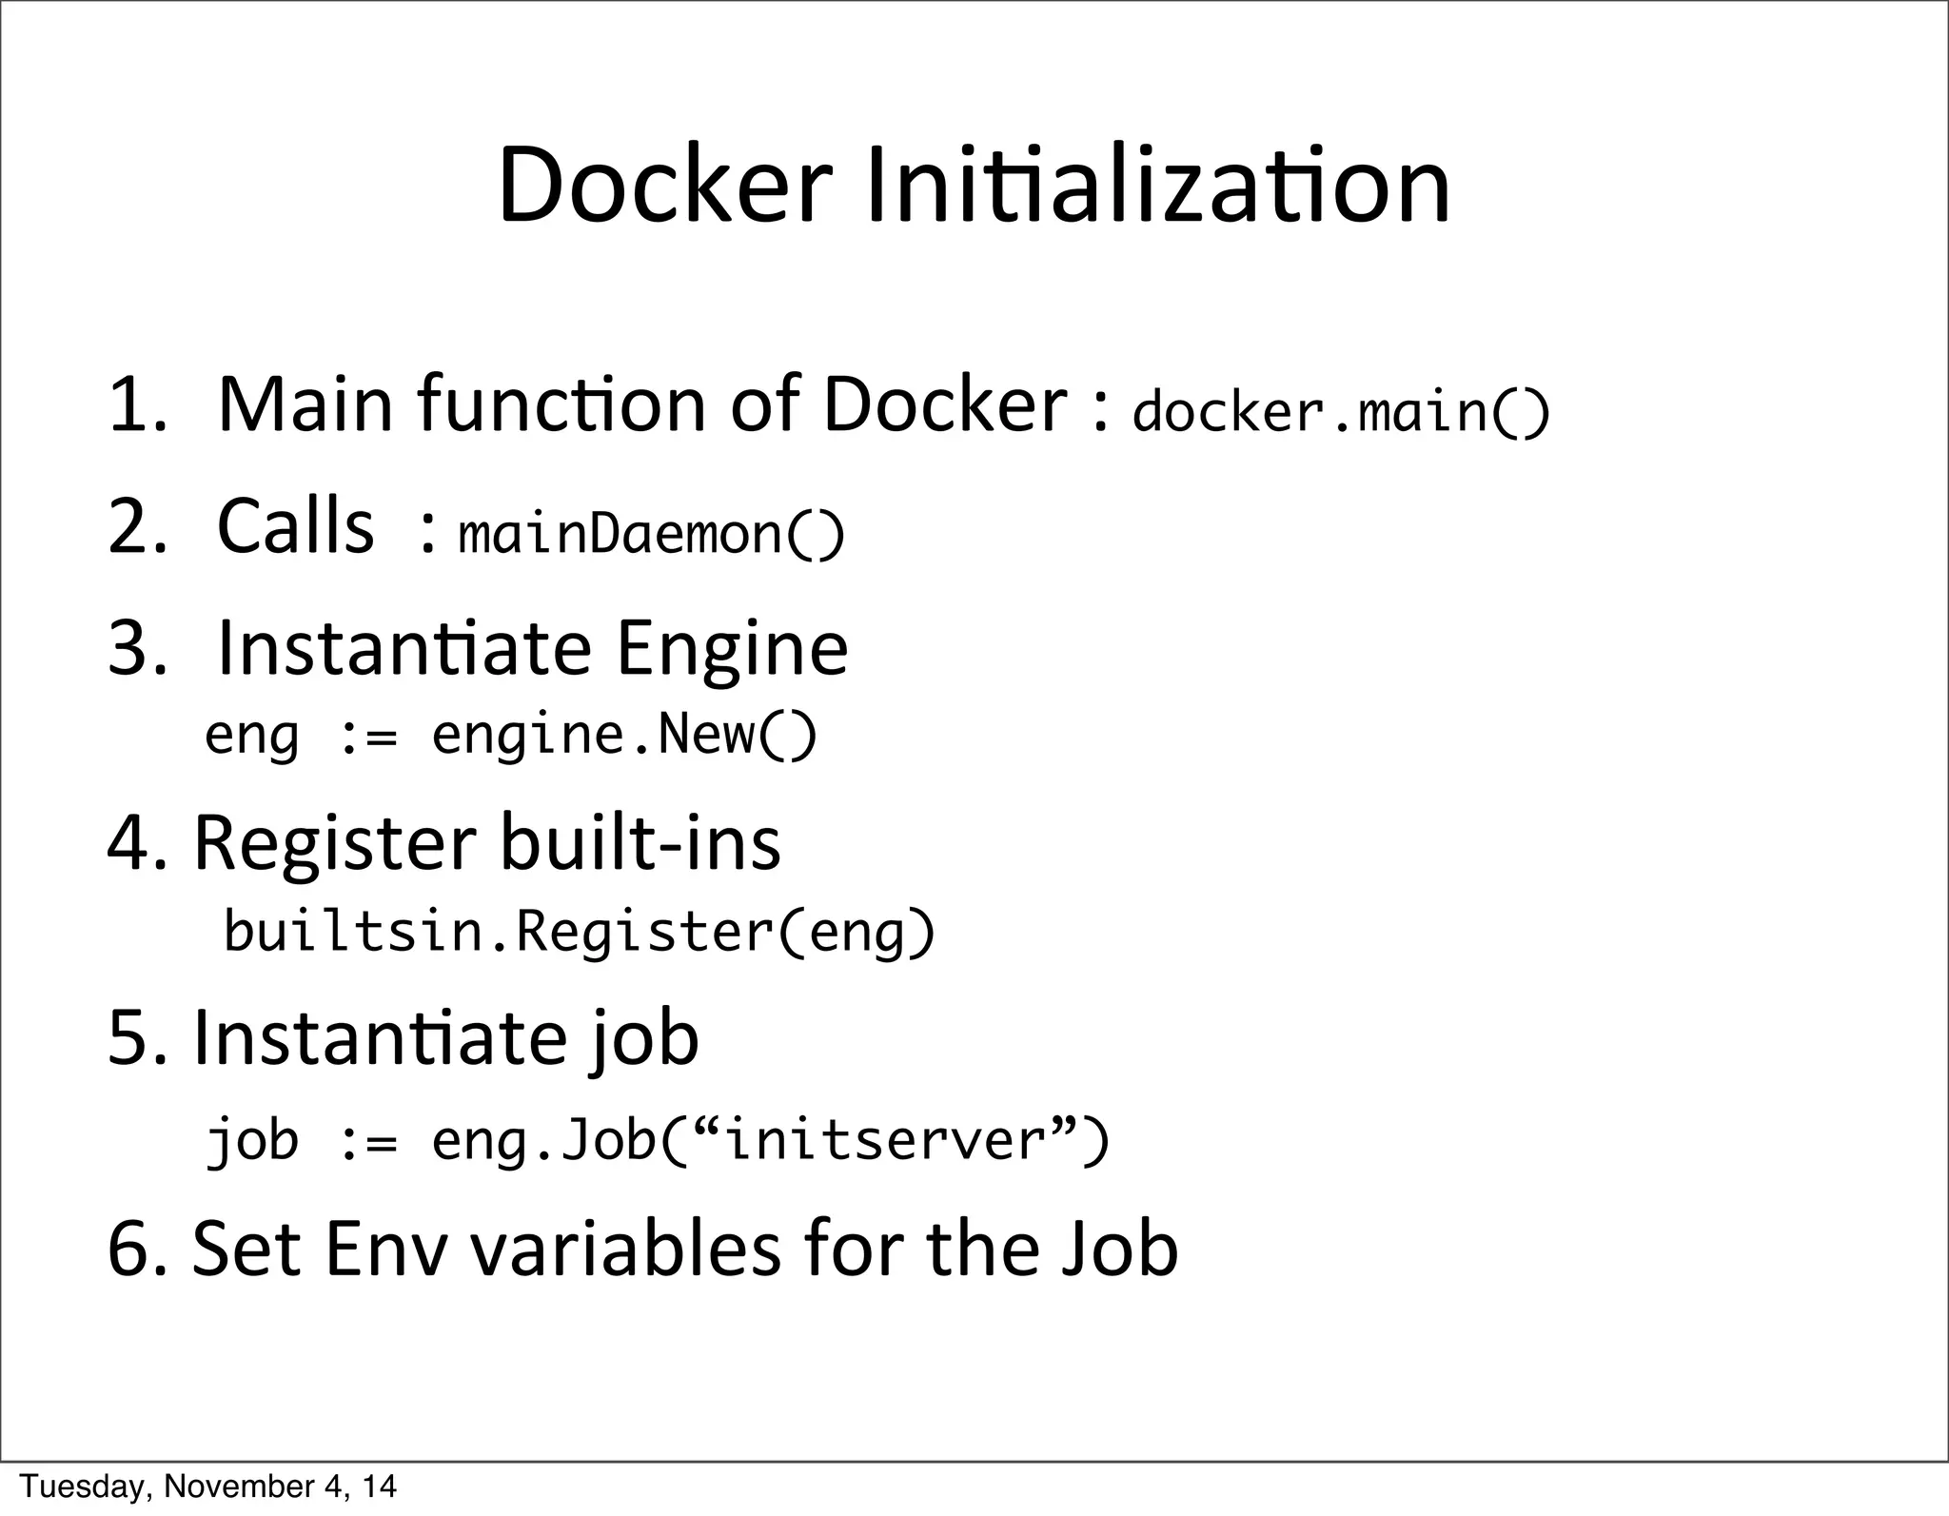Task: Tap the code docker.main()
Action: tap(1341, 411)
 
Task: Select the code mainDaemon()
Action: tap(651, 533)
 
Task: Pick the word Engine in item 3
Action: tap(732, 650)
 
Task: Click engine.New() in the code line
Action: tap(624, 735)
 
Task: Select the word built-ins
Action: tap(640, 843)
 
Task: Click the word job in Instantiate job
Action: tap(643, 1040)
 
